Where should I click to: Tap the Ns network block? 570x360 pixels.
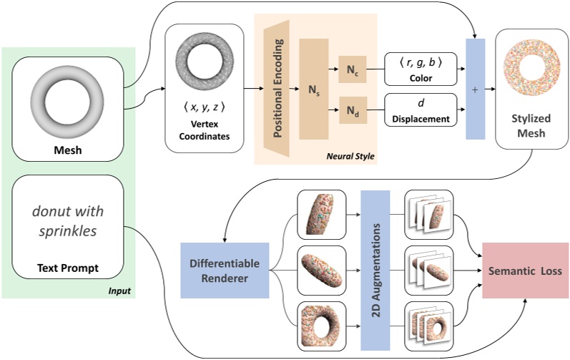tap(313, 89)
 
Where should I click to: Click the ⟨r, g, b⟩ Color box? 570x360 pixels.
tap(420, 69)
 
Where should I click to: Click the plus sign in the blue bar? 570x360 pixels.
tap(475, 90)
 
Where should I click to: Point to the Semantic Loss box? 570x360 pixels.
tap(526, 271)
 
